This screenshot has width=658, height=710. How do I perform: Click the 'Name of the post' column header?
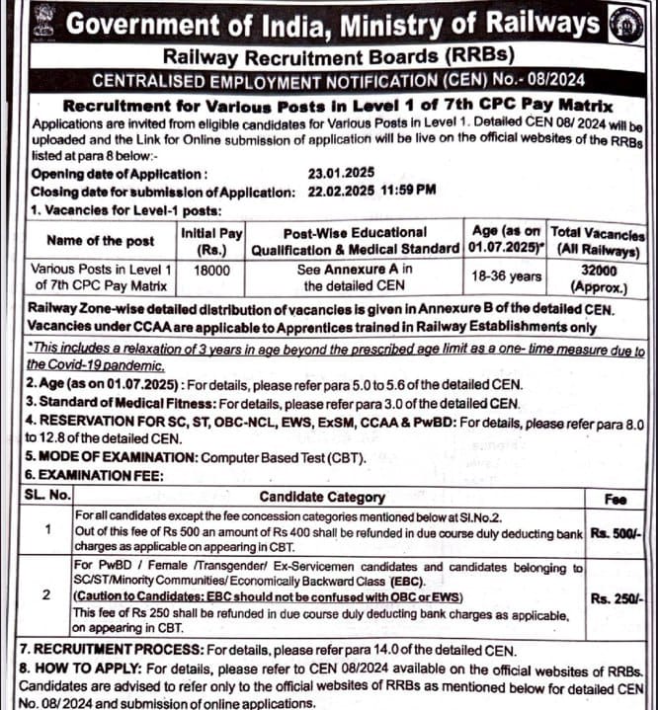pyautogui.click(x=100, y=241)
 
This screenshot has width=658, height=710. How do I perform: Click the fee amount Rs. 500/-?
pyautogui.click(x=617, y=532)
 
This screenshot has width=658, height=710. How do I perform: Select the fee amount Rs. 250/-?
pyautogui.click(x=617, y=598)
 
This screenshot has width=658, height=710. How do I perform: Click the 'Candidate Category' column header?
pyautogui.click(x=322, y=497)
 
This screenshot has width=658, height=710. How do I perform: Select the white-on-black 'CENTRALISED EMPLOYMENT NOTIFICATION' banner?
pyautogui.click(x=326, y=80)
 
